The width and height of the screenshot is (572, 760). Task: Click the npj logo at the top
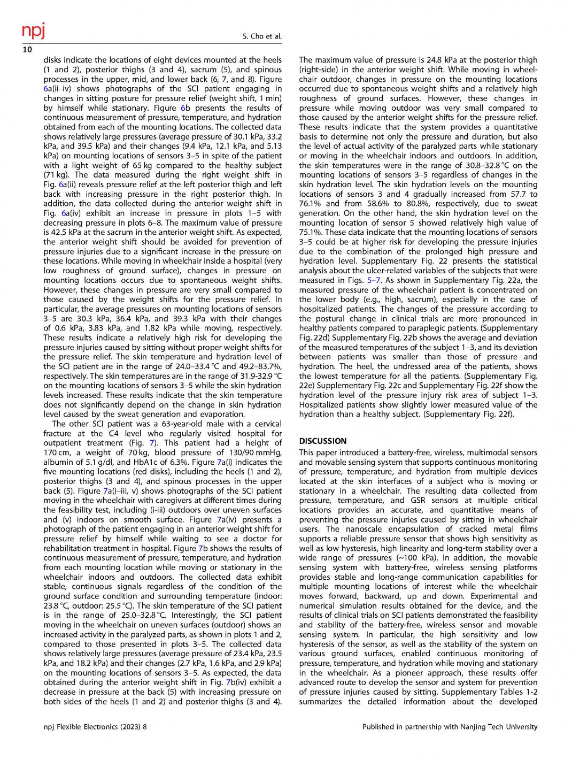pos(33,30)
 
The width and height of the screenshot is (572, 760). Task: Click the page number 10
pos(27,50)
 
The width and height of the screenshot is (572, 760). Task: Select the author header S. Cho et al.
pos(262,36)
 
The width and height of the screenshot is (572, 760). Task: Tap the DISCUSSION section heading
pos(323,441)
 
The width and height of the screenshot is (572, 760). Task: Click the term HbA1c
pos(141,462)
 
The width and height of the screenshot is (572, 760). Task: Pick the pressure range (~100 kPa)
pos(413,558)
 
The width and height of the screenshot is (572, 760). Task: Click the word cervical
pos(264,424)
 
